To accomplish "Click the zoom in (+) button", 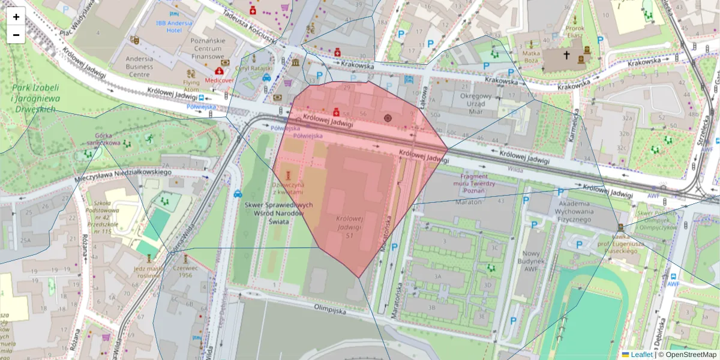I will [16, 17].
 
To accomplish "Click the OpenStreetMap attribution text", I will [687, 355].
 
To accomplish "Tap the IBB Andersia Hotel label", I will [174, 27].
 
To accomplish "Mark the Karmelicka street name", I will [575, 126].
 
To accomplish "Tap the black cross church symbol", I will [566, 55].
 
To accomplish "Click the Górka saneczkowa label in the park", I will [104, 143].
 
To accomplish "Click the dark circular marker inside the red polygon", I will [388, 118].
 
